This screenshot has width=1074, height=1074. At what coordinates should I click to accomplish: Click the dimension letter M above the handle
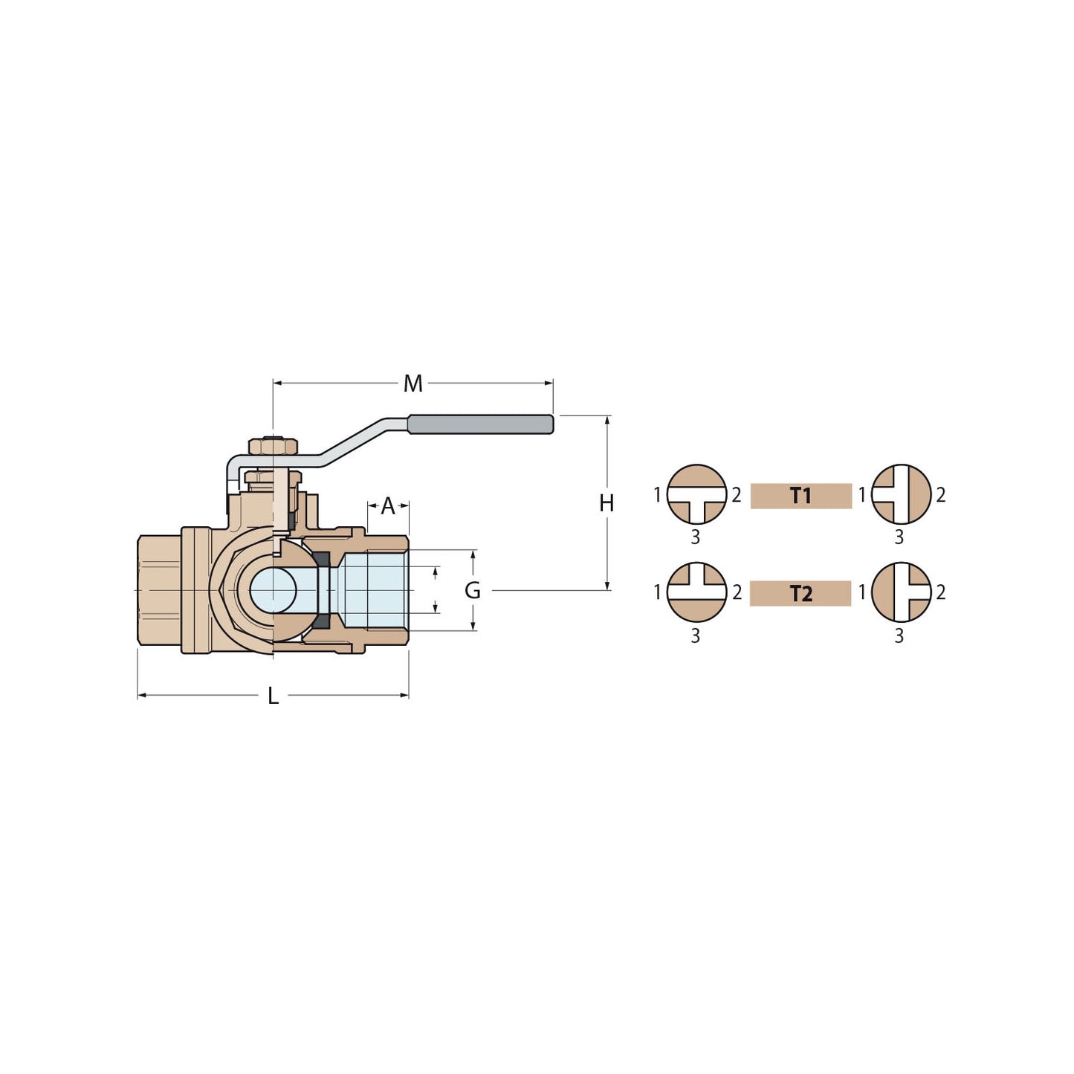(x=413, y=384)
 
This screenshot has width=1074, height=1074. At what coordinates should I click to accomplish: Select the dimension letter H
(x=606, y=503)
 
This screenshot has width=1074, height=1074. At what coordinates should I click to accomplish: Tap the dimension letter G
(x=473, y=590)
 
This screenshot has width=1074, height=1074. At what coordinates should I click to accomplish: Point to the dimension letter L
(x=273, y=696)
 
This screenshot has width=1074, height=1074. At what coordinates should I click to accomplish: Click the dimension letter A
(x=387, y=506)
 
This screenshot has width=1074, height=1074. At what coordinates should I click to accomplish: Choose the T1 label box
(x=800, y=496)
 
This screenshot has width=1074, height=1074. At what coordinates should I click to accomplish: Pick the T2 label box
(x=800, y=594)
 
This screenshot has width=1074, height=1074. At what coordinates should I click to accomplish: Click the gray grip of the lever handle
(x=480, y=424)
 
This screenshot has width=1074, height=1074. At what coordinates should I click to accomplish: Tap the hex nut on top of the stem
(x=273, y=446)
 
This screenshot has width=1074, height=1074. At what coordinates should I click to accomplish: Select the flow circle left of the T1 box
(x=696, y=494)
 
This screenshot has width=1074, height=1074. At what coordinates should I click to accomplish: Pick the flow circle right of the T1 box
(x=901, y=494)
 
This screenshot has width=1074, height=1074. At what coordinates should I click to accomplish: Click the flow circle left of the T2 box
(x=696, y=592)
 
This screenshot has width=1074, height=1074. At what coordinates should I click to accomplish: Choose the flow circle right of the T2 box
(x=901, y=592)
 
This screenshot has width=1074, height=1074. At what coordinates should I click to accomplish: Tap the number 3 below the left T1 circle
(x=696, y=537)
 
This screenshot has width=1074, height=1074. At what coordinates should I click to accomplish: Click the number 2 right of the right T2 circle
(x=941, y=592)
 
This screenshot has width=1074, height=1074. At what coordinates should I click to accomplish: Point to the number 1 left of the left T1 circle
(x=657, y=494)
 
